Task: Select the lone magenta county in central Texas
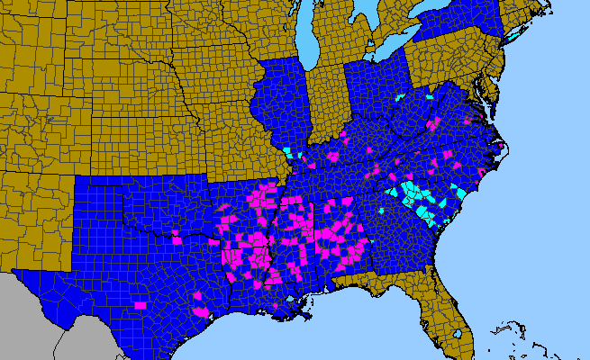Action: point(140,305)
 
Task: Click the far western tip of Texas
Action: point(16,270)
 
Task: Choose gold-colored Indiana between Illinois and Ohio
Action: point(327,103)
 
